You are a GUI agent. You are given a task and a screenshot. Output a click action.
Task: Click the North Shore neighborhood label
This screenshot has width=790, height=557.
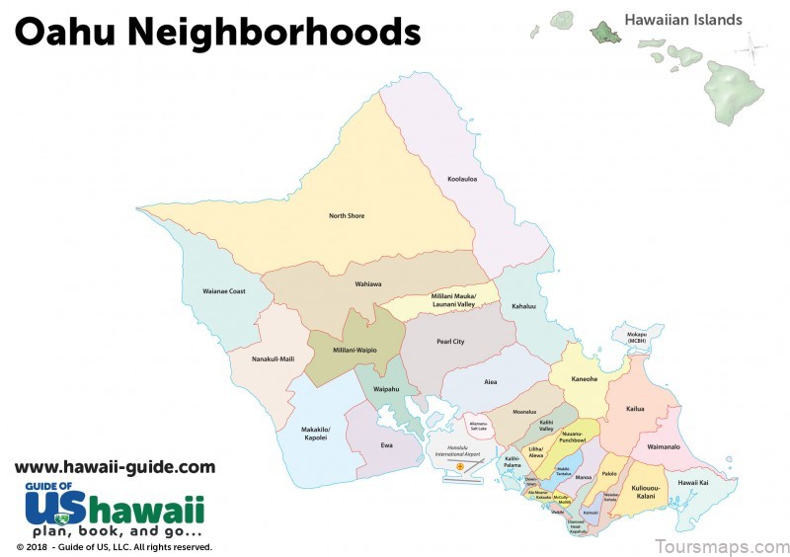pos(348,215)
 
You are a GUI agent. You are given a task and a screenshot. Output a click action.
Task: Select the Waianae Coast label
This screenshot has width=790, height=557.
pos(224,291)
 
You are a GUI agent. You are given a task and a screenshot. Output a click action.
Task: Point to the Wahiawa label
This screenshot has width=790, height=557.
pos(368,284)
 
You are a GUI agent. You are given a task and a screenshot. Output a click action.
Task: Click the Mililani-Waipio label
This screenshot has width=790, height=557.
pos(355,350)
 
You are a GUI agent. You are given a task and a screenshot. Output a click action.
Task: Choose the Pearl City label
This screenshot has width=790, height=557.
pos(450,342)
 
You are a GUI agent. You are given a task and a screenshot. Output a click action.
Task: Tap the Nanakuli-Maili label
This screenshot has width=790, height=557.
pos(274,358)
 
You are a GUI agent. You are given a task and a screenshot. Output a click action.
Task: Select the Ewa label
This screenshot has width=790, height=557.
pos(387,445)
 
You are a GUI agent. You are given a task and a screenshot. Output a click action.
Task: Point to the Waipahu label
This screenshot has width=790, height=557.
pos(386,389)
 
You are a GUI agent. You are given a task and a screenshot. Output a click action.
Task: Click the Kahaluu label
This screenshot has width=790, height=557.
pos(522,307)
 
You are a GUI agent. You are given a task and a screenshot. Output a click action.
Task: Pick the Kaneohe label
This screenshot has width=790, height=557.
pos(586,378)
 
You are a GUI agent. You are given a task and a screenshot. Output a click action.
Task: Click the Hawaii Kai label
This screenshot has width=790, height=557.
pos(693,483)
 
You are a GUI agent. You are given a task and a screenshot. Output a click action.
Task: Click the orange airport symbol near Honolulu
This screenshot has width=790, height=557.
pos(460,464)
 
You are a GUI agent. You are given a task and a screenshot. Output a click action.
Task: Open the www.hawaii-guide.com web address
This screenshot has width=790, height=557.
pos(115,467)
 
